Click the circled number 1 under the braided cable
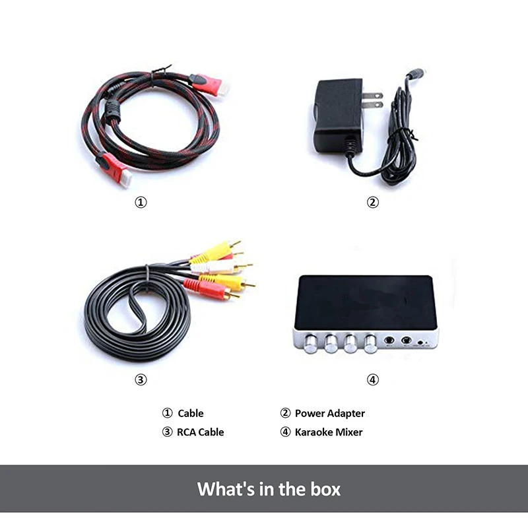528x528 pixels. click(x=141, y=203)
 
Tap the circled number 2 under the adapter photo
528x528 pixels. click(x=373, y=203)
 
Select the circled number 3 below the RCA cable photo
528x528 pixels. click(x=141, y=379)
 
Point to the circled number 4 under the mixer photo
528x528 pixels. click(x=373, y=379)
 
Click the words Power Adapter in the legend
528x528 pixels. click(x=329, y=413)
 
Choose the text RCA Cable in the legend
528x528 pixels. click(x=200, y=432)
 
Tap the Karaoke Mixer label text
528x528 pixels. click(x=329, y=432)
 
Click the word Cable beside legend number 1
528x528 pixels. click(x=191, y=413)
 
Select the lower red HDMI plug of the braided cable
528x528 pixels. click(x=112, y=167)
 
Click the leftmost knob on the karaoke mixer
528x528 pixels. click(x=310, y=343)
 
